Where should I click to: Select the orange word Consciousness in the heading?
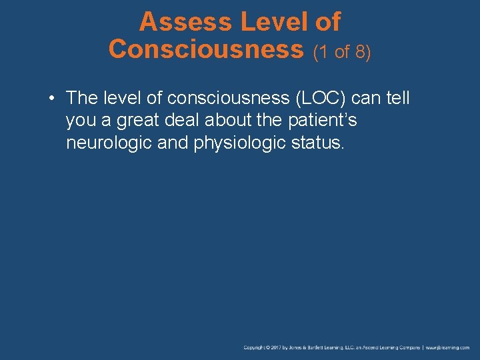pyautogui.click(x=206, y=49)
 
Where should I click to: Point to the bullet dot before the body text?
pyautogui.click(x=51, y=99)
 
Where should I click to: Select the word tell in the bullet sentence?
pyautogui.click(x=397, y=98)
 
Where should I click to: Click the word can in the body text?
pyautogui.click(x=364, y=98)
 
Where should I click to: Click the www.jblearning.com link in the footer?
pyautogui.click(x=448, y=347)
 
